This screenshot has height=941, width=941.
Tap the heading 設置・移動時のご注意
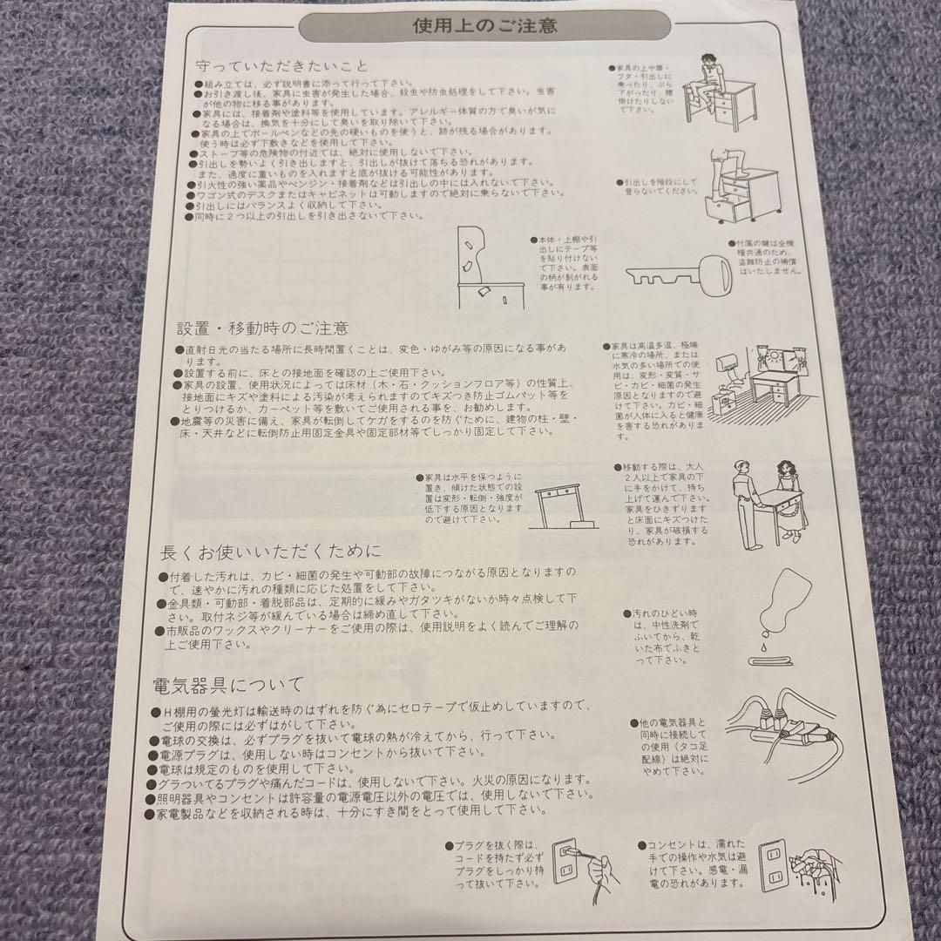point(262,328)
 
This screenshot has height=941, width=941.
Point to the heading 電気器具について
point(227,683)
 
